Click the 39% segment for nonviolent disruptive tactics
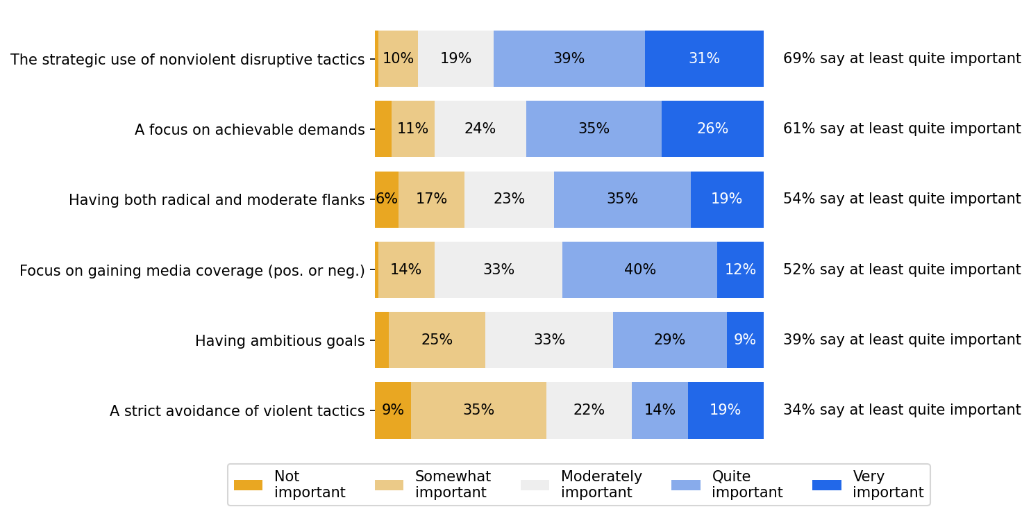pyautogui.click(x=569, y=59)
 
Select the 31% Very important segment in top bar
pyautogui.click(x=704, y=59)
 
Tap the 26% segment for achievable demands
pyautogui.click(x=712, y=129)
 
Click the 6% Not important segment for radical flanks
pyautogui.click(x=387, y=199)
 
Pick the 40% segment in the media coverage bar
pyautogui.click(x=639, y=269)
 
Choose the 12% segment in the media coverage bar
pyautogui.click(x=740, y=269)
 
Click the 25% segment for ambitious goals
pyautogui.click(x=437, y=340)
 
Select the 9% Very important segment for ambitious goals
pyautogui.click(x=745, y=340)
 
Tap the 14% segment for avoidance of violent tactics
pyautogui.click(x=660, y=410)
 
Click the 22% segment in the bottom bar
pyautogui.click(x=589, y=410)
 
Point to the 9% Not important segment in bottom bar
pyautogui.click(x=393, y=410)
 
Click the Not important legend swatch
pyautogui.click(x=248, y=485)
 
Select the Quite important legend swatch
pyautogui.click(x=685, y=485)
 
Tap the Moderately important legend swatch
pyautogui.click(x=535, y=485)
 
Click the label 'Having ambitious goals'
pyautogui.click(x=279, y=341)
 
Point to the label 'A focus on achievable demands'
pyautogui.click(x=249, y=130)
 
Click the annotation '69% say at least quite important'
pyautogui.click(x=902, y=59)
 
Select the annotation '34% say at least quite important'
pyautogui.click(x=902, y=410)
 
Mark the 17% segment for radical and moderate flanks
pyautogui.click(x=431, y=199)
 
